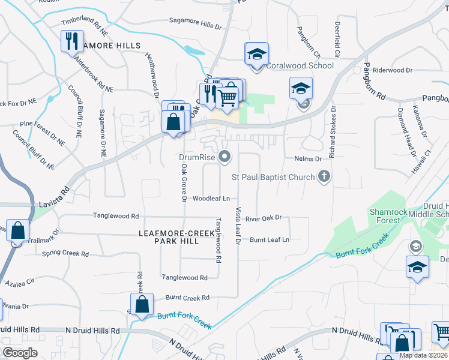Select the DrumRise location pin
coord(225,157)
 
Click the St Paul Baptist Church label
coord(273,177)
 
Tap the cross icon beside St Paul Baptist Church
coord(325,176)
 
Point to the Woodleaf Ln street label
coord(211,198)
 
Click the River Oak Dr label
coord(264,218)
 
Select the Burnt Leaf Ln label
coord(270,239)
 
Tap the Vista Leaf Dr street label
coord(238,226)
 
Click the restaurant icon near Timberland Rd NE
coord(71,41)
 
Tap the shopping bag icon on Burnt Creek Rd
coord(142,305)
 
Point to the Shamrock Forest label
coord(385,216)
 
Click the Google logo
coord(20,353)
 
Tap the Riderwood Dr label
coord(393,70)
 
